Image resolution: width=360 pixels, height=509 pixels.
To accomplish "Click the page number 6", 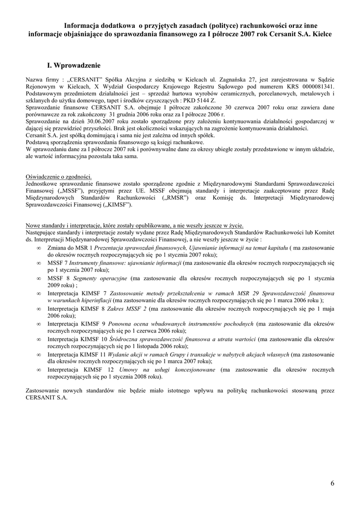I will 332,483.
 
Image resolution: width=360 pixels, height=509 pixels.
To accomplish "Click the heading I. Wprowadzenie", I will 74,65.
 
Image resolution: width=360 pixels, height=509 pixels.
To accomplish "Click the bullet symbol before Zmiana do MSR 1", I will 39,247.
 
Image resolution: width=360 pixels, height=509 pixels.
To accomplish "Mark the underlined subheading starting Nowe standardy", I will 134,225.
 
